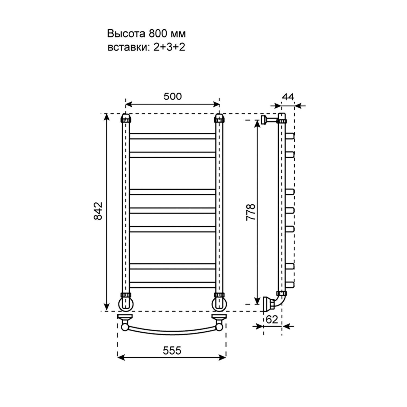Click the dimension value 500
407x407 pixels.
[173, 96]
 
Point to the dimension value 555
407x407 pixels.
[172, 351]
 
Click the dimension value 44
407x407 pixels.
[288, 97]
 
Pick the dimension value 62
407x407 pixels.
[272, 320]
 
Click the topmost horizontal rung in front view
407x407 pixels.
[173, 136]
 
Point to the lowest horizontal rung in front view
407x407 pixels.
[173, 285]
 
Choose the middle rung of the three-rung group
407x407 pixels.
[173, 211]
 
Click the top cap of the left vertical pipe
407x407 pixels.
[125, 118]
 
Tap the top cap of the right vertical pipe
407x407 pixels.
[220, 118]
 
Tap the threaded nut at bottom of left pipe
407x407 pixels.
[125, 295]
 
